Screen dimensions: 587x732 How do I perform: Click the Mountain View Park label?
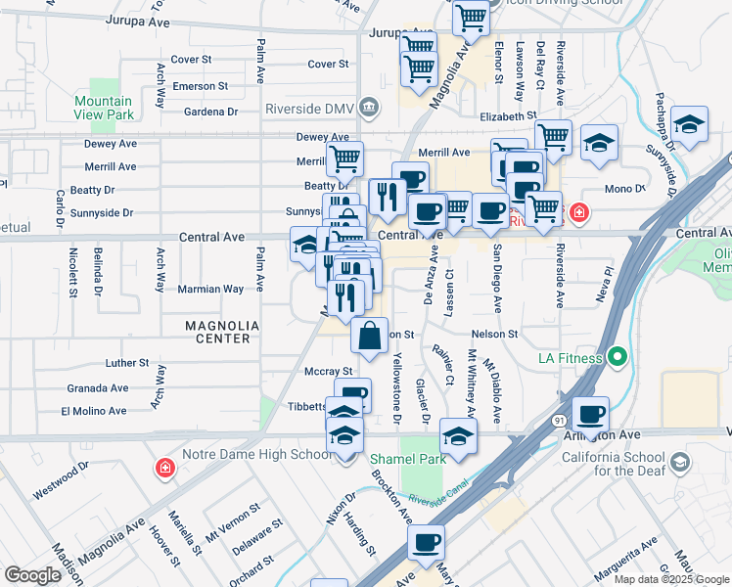click(103, 108)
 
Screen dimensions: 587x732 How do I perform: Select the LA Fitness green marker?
click(617, 358)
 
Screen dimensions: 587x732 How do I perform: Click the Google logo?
click(33, 574)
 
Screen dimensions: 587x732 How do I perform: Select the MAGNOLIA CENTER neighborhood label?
click(222, 332)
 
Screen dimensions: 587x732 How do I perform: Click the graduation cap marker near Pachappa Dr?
click(690, 124)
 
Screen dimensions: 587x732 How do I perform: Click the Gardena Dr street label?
click(214, 112)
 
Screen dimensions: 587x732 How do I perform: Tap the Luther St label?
click(127, 363)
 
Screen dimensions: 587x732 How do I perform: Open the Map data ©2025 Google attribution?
click(670, 578)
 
